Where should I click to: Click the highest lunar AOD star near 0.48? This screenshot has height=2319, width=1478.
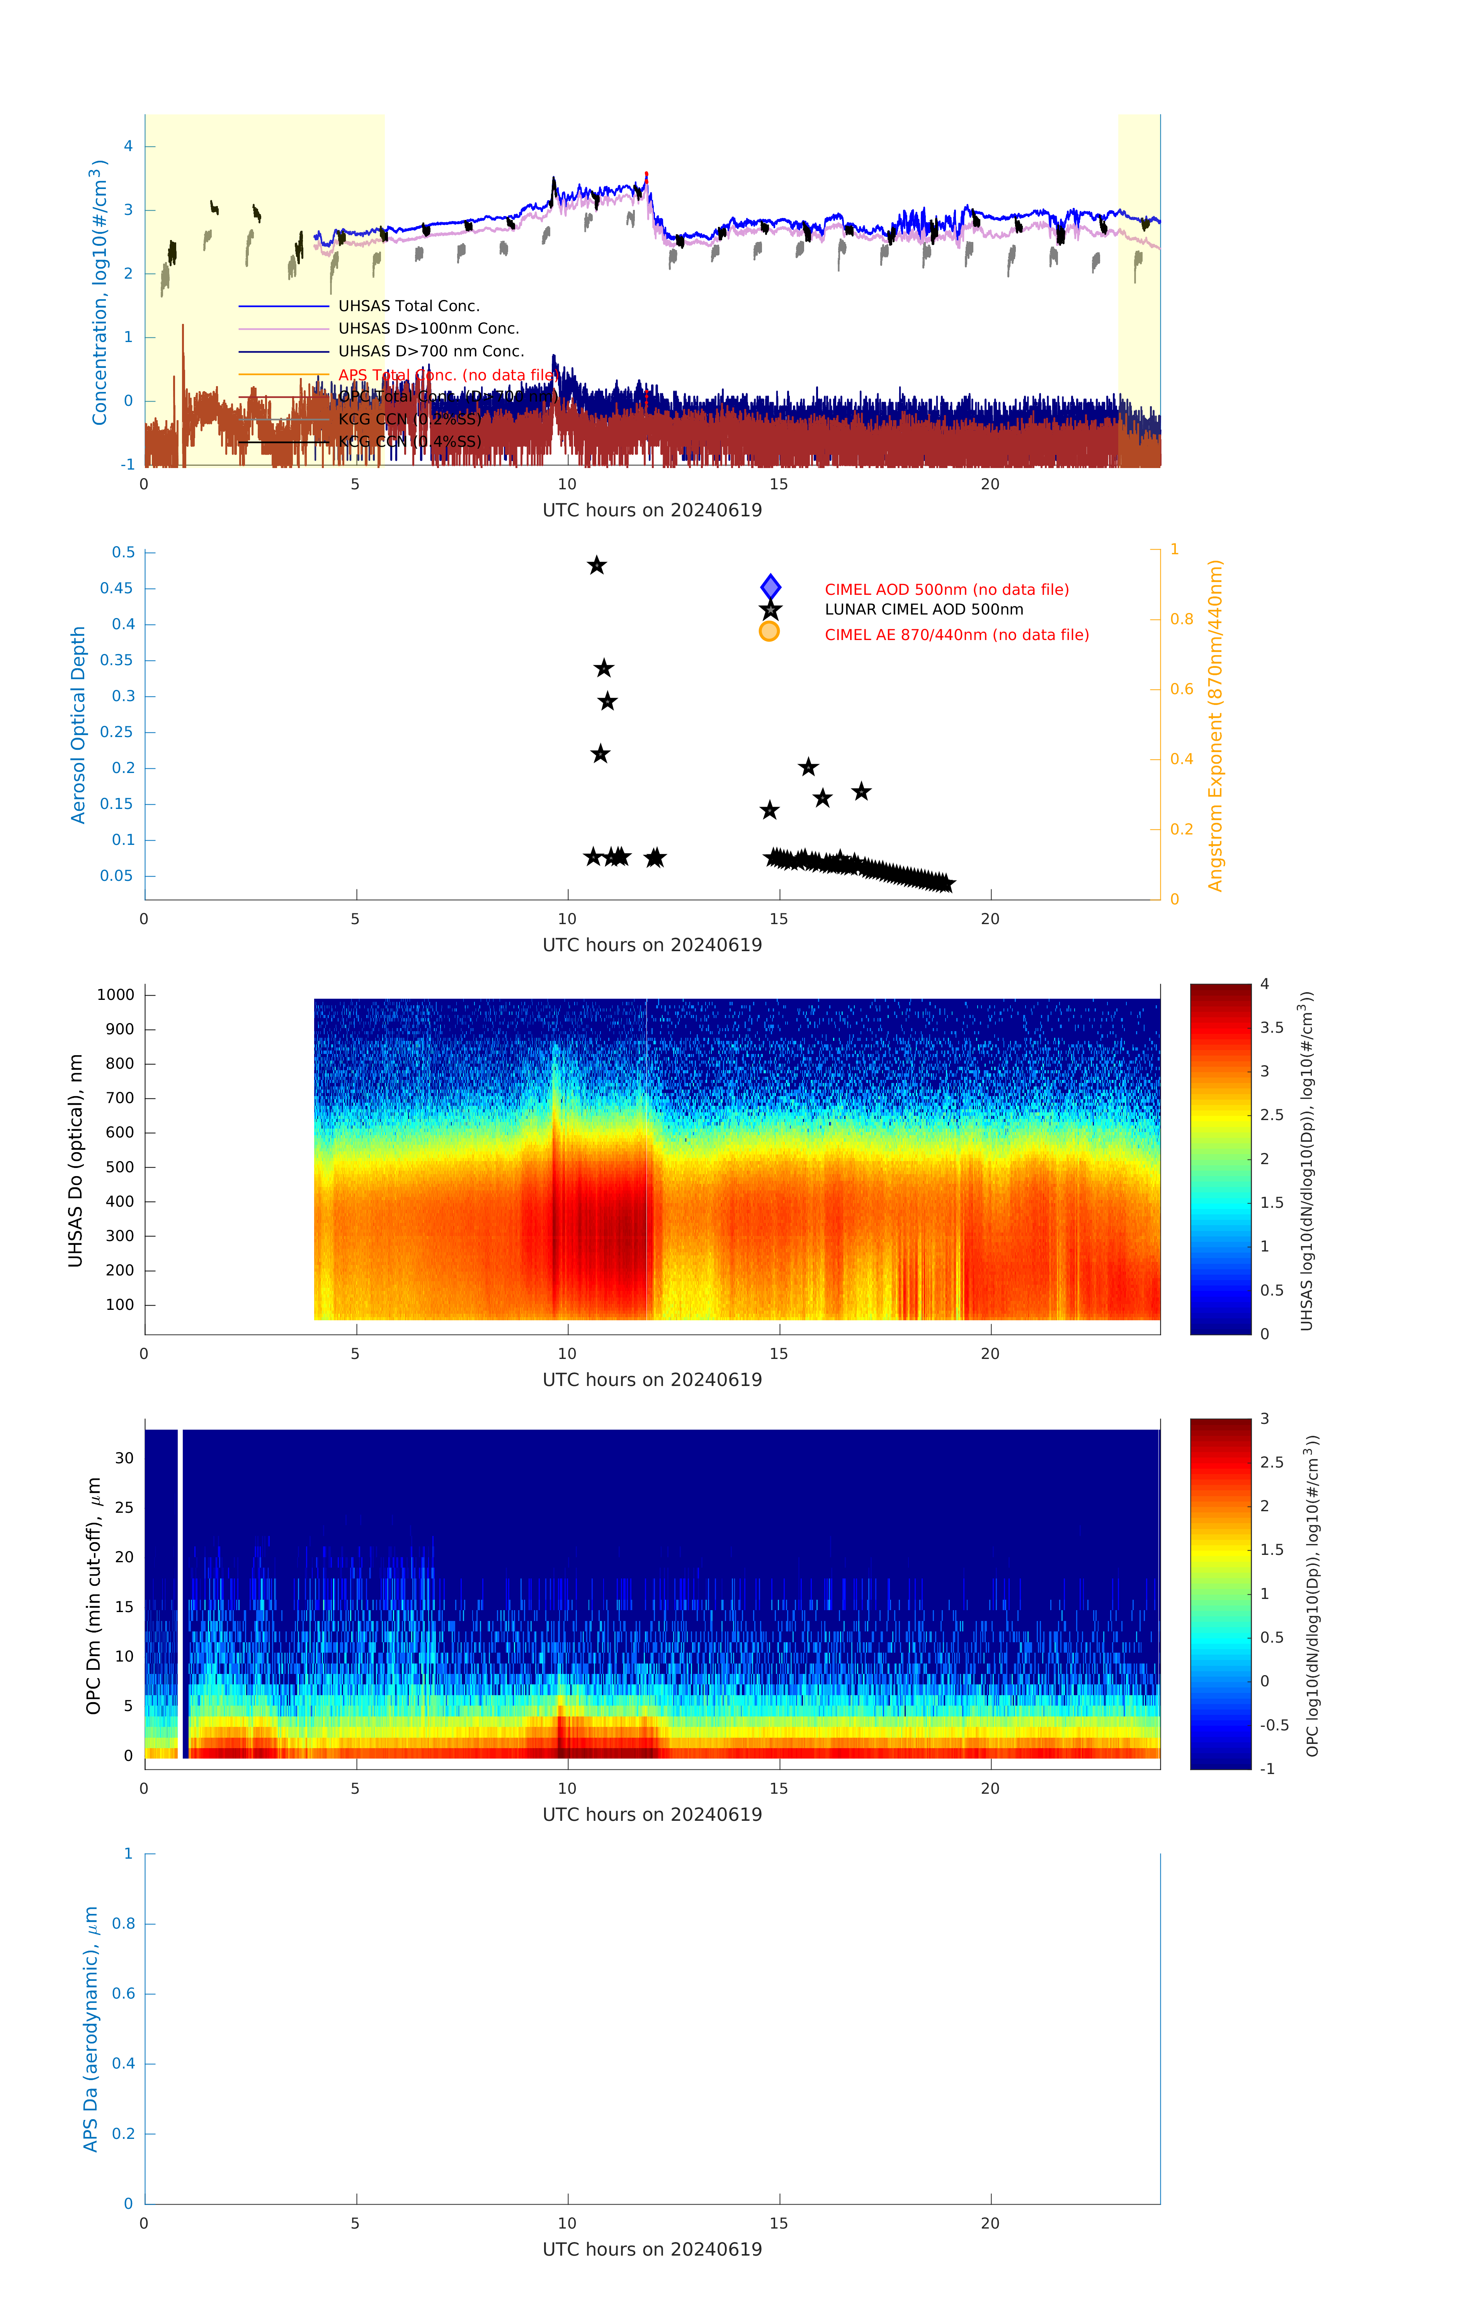[x=597, y=565]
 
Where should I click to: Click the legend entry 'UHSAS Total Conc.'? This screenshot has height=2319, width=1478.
[x=408, y=306]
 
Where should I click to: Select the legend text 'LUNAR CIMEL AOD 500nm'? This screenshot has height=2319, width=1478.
[x=924, y=610]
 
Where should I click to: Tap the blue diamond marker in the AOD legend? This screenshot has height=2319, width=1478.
[x=770, y=587]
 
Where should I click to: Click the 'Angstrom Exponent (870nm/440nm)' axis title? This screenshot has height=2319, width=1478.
[x=1215, y=725]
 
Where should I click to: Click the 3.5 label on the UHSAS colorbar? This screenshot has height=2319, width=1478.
[x=1272, y=1028]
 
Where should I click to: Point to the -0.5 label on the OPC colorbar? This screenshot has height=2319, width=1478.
[x=1274, y=1725]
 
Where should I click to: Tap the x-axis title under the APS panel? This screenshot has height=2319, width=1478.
[x=652, y=2250]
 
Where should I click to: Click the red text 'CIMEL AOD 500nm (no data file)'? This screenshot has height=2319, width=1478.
[x=946, y=589]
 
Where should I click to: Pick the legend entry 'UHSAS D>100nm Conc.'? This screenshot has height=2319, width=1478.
[x=429, y=329]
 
